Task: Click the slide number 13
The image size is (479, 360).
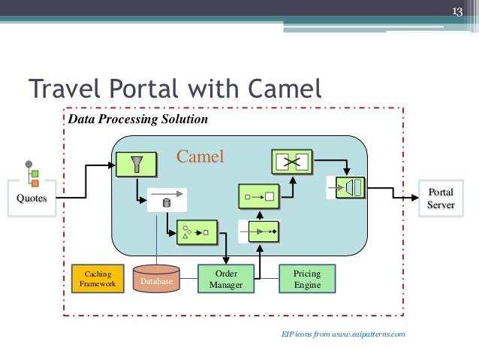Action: (457, 11)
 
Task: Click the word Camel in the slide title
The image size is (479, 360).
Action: (285, 88)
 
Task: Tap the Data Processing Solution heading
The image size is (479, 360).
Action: (138, 119)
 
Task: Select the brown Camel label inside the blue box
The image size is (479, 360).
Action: (200, 156)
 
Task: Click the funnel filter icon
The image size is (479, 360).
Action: (136, 165)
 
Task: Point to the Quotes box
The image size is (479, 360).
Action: (32, 198)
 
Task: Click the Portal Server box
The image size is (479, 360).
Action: (441, 198)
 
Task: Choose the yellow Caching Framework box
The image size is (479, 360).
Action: (98, 279)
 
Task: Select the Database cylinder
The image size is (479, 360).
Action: (156, 279)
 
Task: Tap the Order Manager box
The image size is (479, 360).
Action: (226, 279)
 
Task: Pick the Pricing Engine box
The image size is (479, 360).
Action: (307, 279)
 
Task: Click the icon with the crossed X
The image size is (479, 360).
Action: (292, 162)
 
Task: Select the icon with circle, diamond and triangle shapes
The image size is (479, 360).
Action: (197, 232)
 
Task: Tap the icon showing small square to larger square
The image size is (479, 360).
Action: (259, 196)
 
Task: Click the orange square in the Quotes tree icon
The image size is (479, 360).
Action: (35, 183)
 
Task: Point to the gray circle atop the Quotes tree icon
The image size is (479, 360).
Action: (29, 164)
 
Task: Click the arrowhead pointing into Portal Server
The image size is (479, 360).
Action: (415, 198)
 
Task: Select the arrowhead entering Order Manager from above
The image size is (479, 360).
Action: (226, 261)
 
